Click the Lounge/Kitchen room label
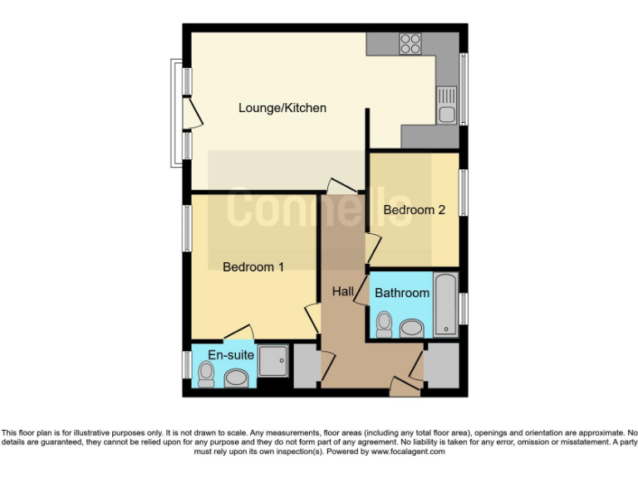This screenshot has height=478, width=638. [282, 108]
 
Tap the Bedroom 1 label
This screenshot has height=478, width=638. [253, 267]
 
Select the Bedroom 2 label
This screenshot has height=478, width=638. [414, 210]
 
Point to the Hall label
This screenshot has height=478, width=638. [343, 291]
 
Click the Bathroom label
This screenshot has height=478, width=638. [402, 293]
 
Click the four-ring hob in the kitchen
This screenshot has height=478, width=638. [410, 43]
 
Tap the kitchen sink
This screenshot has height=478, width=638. [447, 106]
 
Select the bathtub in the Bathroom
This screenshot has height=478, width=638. [446, 305]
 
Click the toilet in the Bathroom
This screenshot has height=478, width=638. [385, 324]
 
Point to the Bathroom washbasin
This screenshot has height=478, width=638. [411, 329]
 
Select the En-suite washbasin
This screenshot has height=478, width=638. [236, 380]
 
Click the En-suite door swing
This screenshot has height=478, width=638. [238, 333]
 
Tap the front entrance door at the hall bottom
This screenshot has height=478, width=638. [406, 384]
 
